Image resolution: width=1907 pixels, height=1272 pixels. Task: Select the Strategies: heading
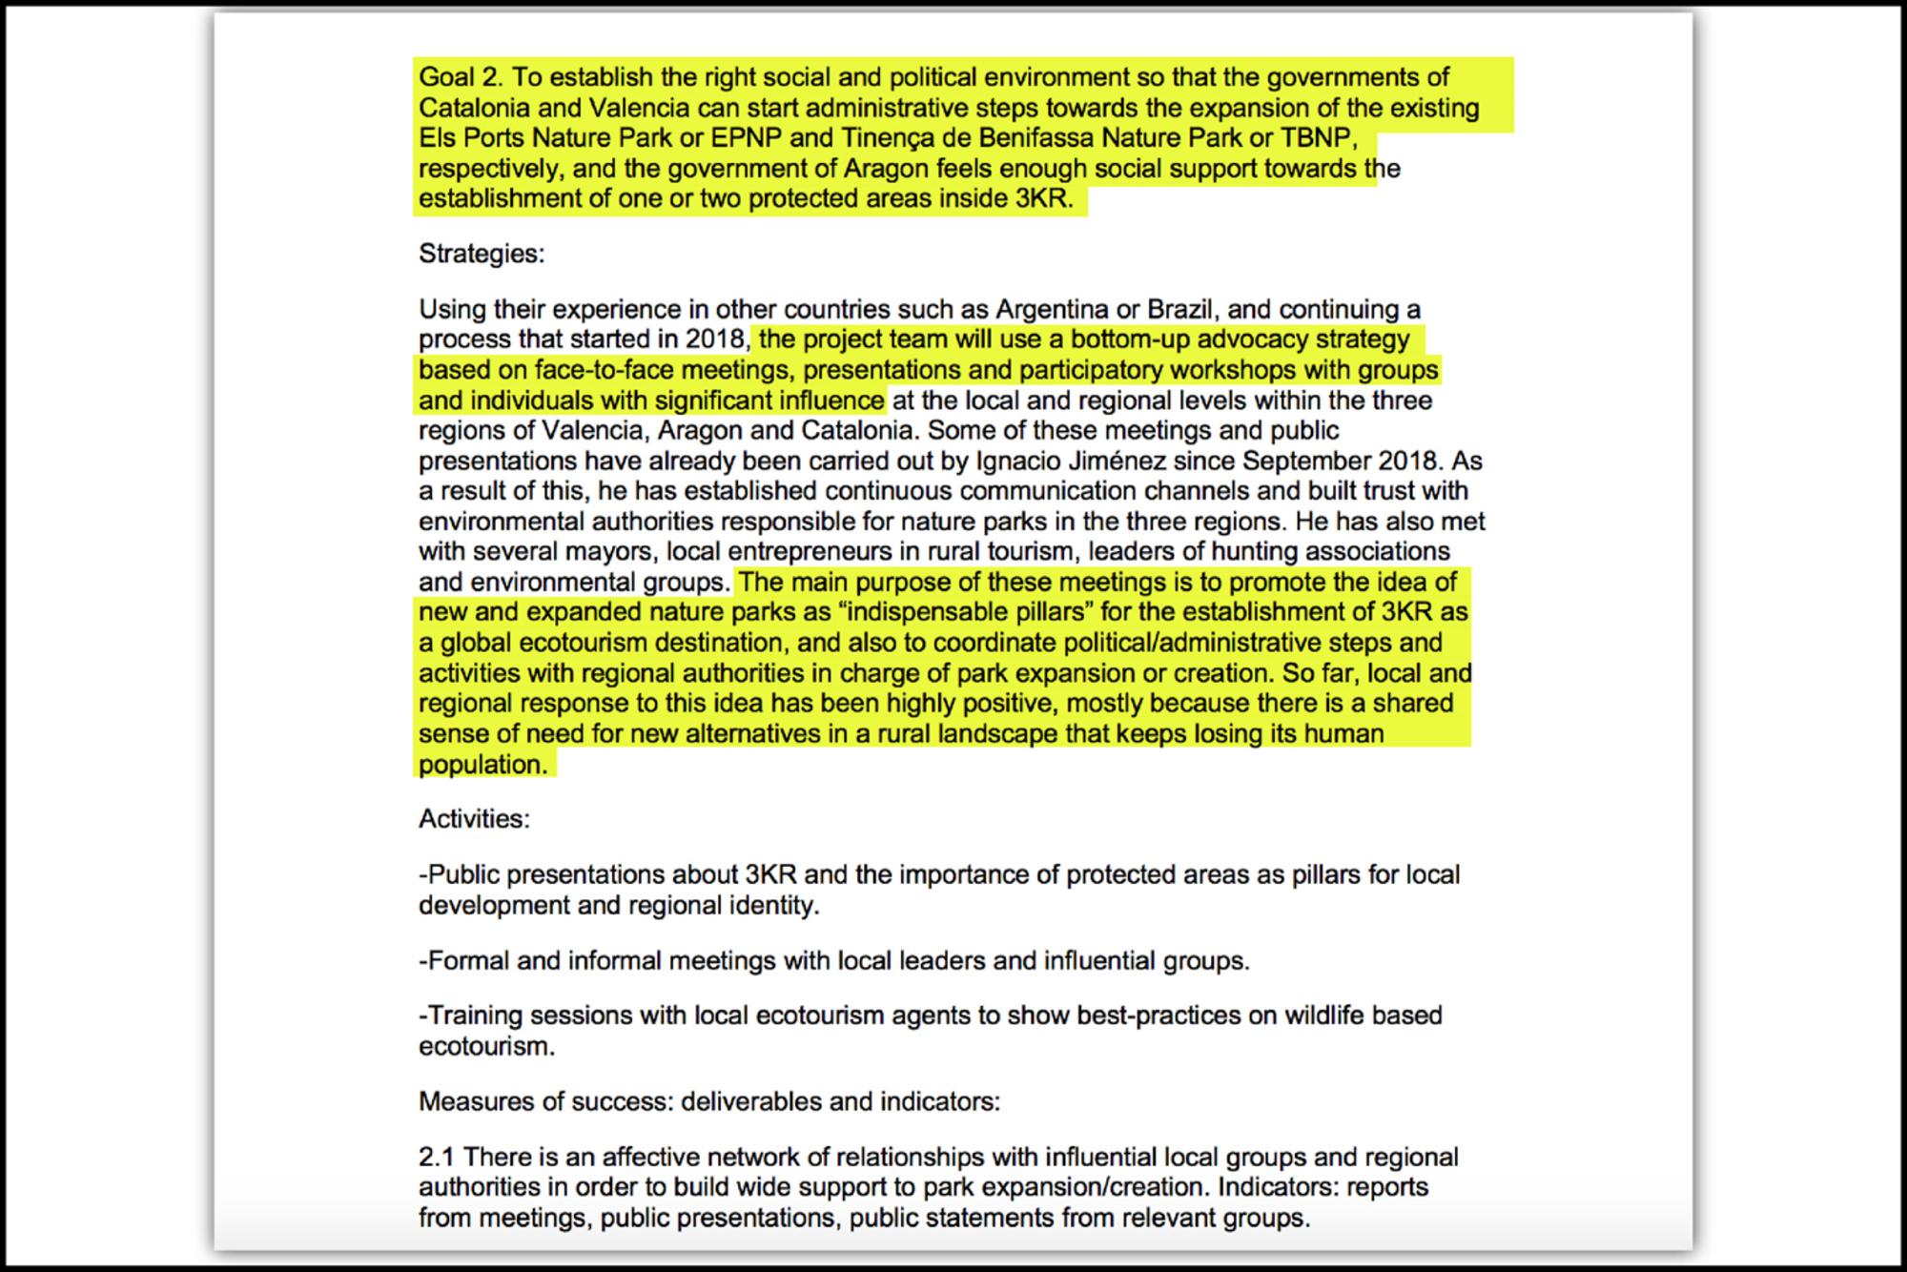482,254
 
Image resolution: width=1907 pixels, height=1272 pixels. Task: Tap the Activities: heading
474,819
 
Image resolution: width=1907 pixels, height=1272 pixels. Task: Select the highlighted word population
482,765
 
